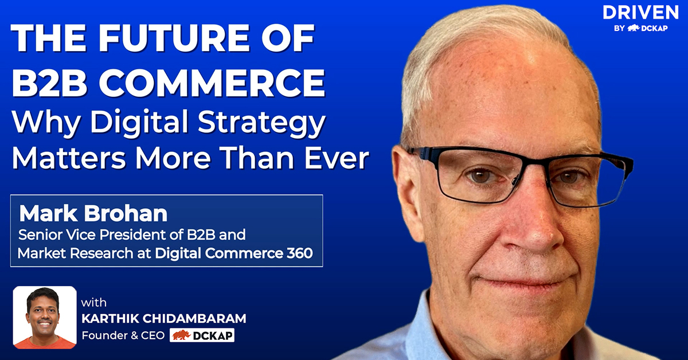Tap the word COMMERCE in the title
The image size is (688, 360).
(x=212, y=83)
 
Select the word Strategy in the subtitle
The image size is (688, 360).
(x=261, y=123)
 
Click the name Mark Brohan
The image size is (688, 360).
(x=93, y=213)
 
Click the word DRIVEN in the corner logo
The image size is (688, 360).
(x=641, y=13)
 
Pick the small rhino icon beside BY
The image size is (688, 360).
(x=633, y=28)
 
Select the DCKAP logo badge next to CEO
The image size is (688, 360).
(x=202, y=335)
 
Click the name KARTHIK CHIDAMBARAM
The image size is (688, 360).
(x=164, y=319)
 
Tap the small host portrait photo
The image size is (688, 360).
(x=45, y=318)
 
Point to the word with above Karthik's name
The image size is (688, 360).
(x=93, y=303)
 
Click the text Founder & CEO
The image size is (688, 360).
(x=123, y=335)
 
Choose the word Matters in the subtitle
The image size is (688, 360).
(x=69, y=158)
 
